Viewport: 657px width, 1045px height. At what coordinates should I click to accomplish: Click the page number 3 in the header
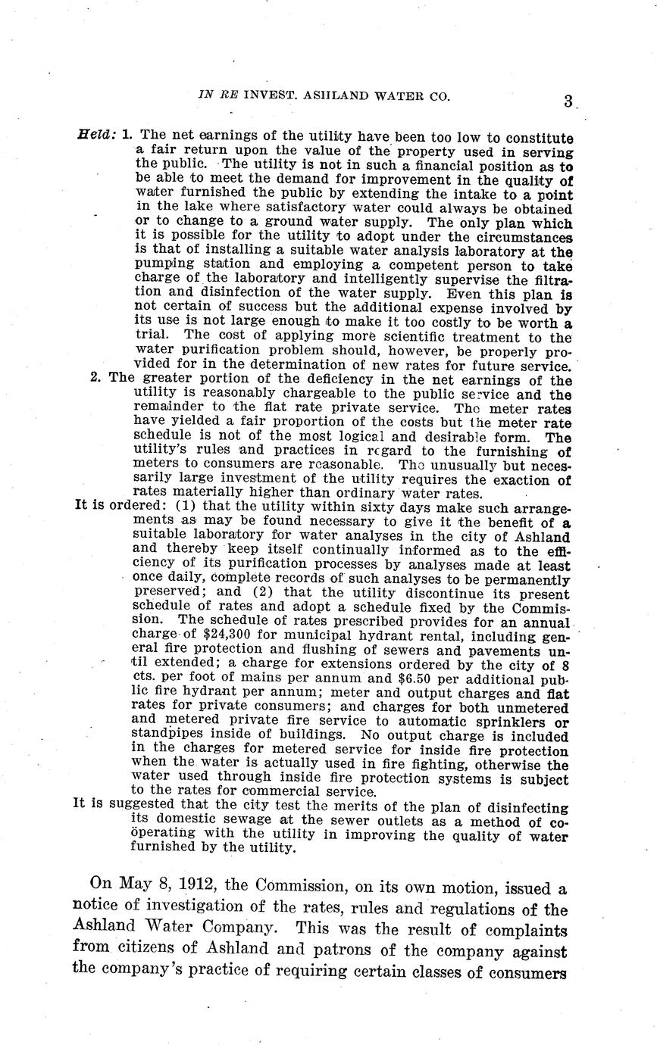click(568, 101)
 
